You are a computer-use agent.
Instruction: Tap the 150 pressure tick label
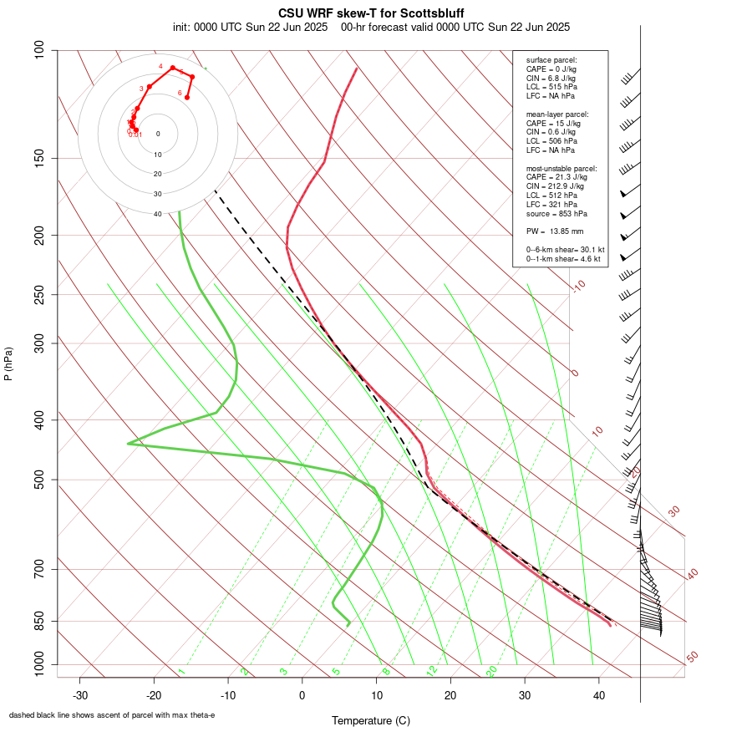(39, 158)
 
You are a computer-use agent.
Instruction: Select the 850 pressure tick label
(39, 621)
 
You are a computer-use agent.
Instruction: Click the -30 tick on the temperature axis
(80, 695)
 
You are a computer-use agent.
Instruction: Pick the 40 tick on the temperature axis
(599, 695)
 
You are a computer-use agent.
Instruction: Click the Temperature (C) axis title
(370, 720)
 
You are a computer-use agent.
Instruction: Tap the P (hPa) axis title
(8, 364)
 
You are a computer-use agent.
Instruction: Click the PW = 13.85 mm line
(554, 231)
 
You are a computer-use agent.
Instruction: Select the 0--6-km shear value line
(565, 249)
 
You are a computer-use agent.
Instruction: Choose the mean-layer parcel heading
(557, 114)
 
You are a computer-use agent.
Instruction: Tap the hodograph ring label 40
(158, 214)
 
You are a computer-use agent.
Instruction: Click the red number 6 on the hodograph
(180, 93)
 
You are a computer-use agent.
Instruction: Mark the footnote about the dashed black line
(112, 715)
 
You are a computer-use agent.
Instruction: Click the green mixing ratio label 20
(492, 670)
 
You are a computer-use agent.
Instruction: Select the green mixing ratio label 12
(432, 670)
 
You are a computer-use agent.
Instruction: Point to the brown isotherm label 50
(692, 658)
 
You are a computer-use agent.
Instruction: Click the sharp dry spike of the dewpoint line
(129, 444)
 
